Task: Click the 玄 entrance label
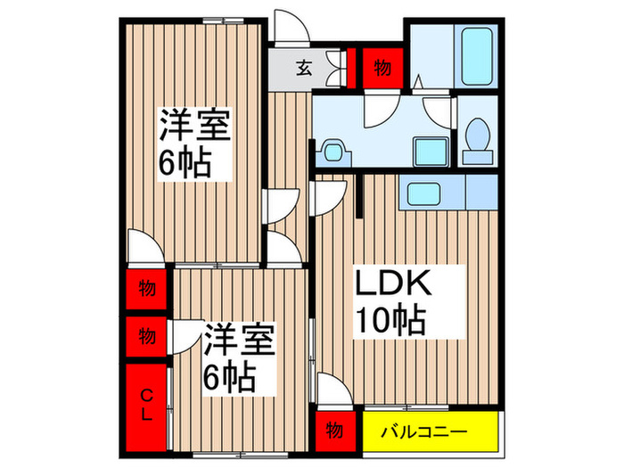(x=304, y=69)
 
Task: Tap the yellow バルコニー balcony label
(x=423, y=431)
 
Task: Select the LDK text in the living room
(x=393, y=283)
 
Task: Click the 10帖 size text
(x=390, y=321)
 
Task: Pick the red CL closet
(x=146, y=408)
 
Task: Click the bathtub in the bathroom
(x=477, y=56)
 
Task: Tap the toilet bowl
(x=478, y=134)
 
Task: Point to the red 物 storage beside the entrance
(x=382, y=68)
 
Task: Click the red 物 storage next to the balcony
(x=335, y=431)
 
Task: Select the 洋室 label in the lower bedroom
(x=239, y=340)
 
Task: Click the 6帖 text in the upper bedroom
(x=185, y=163)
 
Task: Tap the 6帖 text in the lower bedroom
(x=229, y=378)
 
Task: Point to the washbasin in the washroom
(x=333, y=152)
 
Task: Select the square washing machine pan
(x=431, y=152)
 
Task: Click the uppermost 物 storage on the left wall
(x=146, y=289)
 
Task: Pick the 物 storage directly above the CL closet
(x=146, y=336)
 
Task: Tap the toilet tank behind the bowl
(x=478, y=157)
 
